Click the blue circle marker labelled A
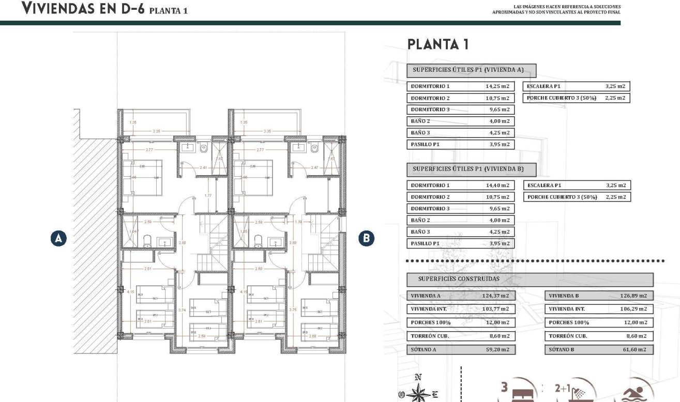59,238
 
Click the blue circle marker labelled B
367,238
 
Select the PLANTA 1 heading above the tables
438,44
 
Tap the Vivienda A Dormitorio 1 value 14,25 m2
497,87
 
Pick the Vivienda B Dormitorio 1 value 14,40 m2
497,185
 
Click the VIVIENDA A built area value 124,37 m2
496,296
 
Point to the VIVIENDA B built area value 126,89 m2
633,296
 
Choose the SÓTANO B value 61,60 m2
633,350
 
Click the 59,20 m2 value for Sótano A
496,350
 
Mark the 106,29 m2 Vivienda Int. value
633,309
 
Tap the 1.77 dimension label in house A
208,195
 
